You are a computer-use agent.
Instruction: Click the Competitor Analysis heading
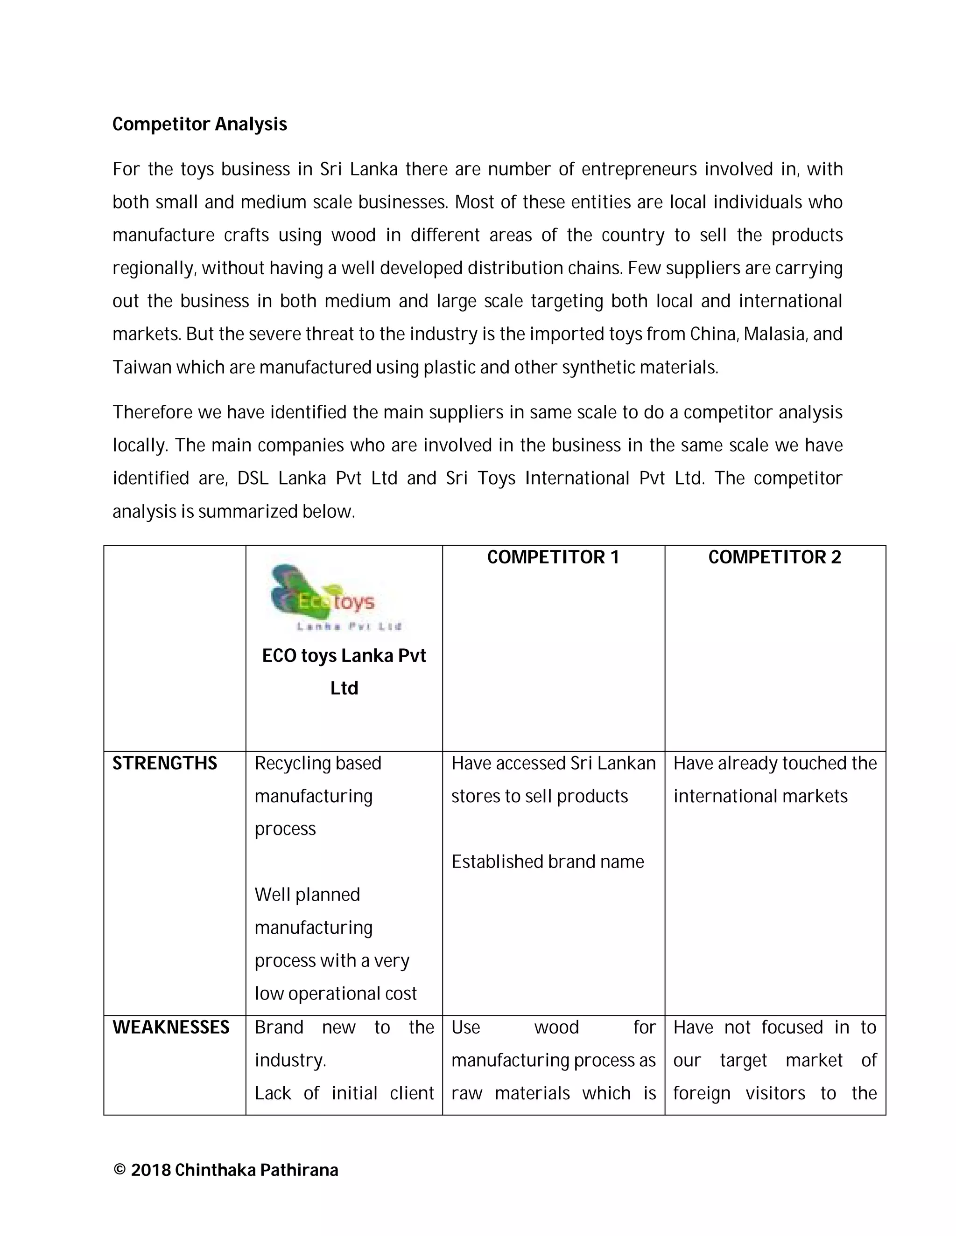[x=199, y=124]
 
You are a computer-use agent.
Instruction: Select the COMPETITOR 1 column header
[x=553, y=557]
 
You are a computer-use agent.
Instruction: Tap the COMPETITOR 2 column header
[x=774, y=557]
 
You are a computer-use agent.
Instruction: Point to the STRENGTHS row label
[x=165, y=764]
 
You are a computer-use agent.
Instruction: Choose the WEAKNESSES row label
[x=171, y=1027]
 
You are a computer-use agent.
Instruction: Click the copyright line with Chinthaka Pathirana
[x=225, y=1170]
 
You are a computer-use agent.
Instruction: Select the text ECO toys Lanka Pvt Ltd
[x=344, y=672]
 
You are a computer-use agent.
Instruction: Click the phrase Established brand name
[x=548, y=861]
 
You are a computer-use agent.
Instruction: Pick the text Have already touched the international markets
[x=774, y=779]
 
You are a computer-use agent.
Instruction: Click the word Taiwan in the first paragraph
[x=141, y=367]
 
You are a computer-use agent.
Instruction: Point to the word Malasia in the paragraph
[x=774, y=334]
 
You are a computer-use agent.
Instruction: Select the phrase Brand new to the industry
[x=344, y=1043]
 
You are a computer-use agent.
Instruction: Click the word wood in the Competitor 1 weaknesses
[x=556, y=1027]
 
